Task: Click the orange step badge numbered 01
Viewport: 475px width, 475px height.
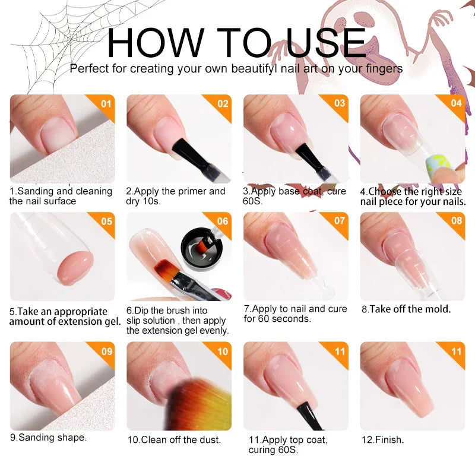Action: (x=105, y=104)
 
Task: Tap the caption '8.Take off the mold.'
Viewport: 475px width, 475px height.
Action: (x=406, y=309)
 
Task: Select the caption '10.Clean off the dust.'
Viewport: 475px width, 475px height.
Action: (x=173, y=440)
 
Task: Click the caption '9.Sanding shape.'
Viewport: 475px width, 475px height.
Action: (x=48, y=438)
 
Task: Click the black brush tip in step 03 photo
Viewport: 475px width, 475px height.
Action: (x=309, y=157)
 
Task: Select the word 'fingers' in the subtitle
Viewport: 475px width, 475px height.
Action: (x=383, y=68)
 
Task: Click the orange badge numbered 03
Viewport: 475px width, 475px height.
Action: (x=339, y=104)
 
